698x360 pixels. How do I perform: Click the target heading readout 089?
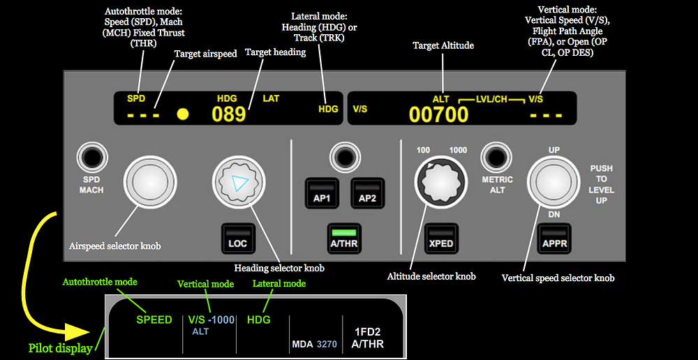[229, 114]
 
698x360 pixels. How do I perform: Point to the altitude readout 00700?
[438, 115]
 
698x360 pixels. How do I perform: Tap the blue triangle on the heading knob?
[239, 183]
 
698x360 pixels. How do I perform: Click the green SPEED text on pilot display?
[154, 320]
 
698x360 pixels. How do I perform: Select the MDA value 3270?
[327, 344]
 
